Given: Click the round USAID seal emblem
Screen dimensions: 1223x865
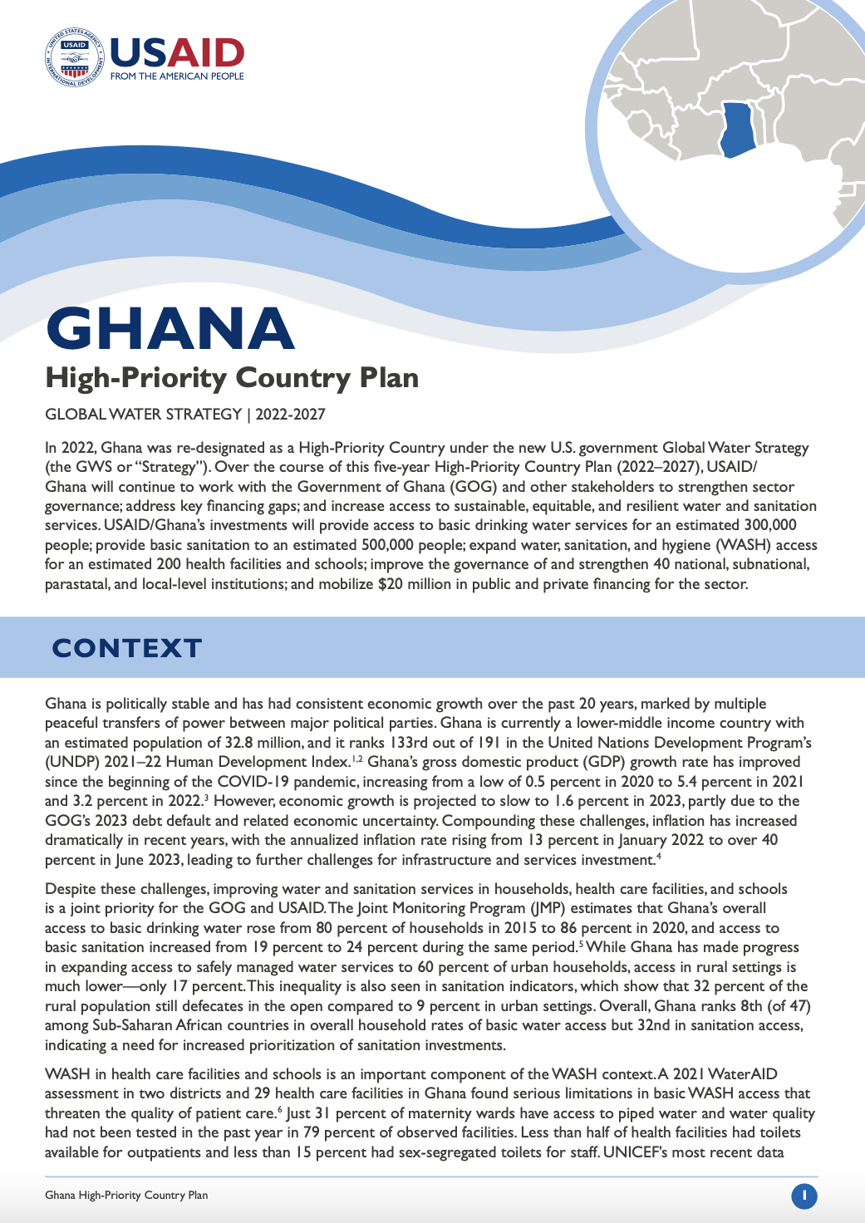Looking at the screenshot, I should (x=76, y=57).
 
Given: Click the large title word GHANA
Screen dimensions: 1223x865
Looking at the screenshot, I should (x=170, y=328).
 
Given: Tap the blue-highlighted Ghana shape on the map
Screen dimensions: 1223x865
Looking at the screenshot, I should (x=737, y=130).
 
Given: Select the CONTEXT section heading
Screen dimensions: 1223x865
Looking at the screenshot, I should (x=127, y=648).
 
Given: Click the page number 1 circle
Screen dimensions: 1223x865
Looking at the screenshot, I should (x=804, y=1196).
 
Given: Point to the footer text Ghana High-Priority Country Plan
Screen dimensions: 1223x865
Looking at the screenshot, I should (x=126, y=1196).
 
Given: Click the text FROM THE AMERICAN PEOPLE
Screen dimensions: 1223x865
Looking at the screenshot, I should (x=177, y=76).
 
